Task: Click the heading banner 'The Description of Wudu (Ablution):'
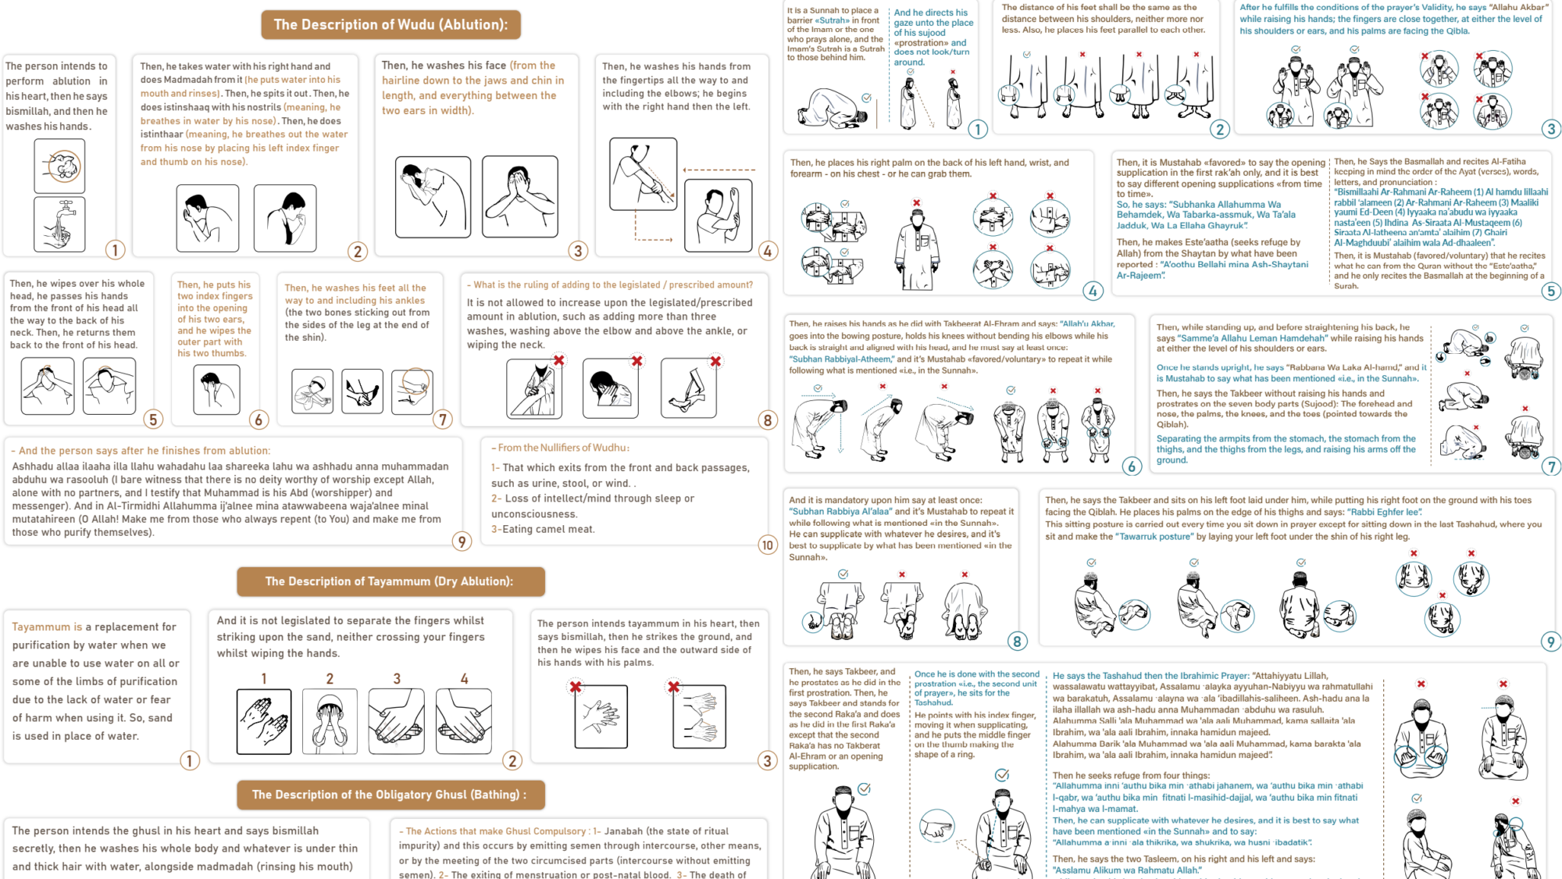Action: click(390, 25)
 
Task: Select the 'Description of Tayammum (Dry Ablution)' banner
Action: click(390, 581)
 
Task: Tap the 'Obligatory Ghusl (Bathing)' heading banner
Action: click(390, 795)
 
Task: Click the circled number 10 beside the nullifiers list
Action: click(767, 545)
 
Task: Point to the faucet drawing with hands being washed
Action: click(59, 224)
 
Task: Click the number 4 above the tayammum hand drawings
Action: click(464, 679)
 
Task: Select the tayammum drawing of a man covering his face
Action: click(330, 721)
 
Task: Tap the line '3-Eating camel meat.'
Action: click(543, 529)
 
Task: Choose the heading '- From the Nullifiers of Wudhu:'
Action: click(560, 448)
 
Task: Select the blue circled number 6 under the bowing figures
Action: click(1132, 467)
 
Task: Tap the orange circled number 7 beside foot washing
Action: click(443, 420)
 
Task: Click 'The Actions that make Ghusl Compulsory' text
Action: click(497, 831)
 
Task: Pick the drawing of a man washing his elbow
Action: click(643, 174)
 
